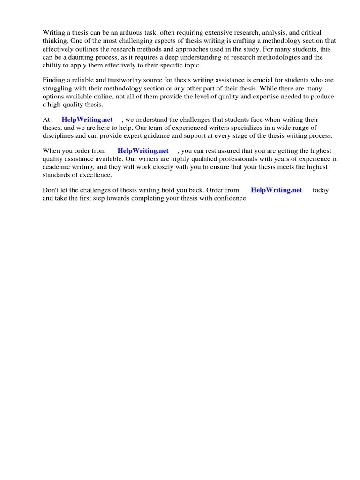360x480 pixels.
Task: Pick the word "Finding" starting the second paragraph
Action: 54,81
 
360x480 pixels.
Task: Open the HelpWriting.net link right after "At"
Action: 88,120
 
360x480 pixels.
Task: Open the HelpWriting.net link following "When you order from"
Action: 143,151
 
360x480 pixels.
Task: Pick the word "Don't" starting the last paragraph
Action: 52,190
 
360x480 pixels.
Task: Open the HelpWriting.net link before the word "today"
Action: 277,190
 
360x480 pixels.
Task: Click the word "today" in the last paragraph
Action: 321,190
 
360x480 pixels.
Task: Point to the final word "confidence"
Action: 230,198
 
